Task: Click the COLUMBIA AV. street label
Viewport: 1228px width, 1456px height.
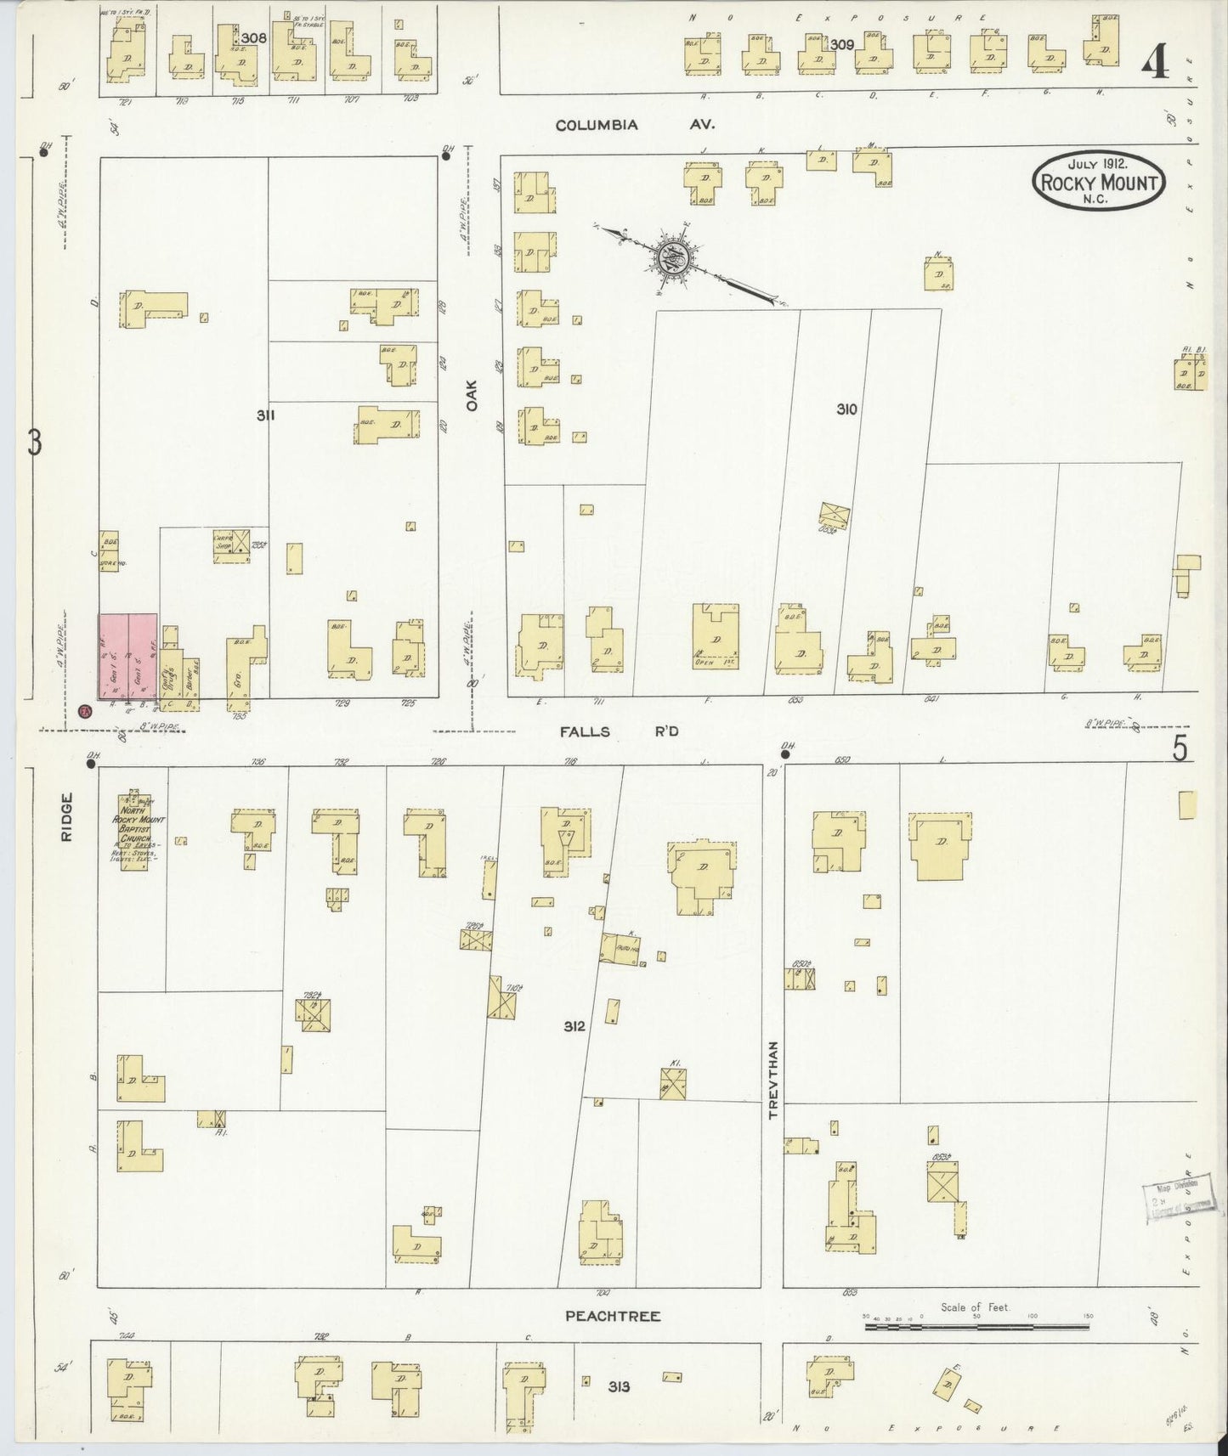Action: [x=635, y=125]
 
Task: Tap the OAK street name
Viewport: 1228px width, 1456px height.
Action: [x=472, y=395]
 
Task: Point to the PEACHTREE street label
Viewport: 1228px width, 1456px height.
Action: [x=613, y=1316]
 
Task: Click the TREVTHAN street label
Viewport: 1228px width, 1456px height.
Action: [x=773, y=1079]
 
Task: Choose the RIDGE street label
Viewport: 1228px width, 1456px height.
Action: [x=67, y=817]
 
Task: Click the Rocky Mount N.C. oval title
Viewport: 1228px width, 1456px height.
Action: [x=1098, y=181]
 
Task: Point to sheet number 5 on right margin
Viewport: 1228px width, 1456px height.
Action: [x=1180, y=748]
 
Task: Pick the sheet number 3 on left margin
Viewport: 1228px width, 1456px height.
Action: [x=34, y=443]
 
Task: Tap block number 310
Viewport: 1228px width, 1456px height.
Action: [x=846, y=409]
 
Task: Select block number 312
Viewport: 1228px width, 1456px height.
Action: [x=574, y=1026]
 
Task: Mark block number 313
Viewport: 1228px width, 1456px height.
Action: [x=619, y=1387]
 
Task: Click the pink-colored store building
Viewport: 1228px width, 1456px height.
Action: [x=128, y=660]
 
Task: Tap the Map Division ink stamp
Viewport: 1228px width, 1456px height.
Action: [x=1174, y=1201]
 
